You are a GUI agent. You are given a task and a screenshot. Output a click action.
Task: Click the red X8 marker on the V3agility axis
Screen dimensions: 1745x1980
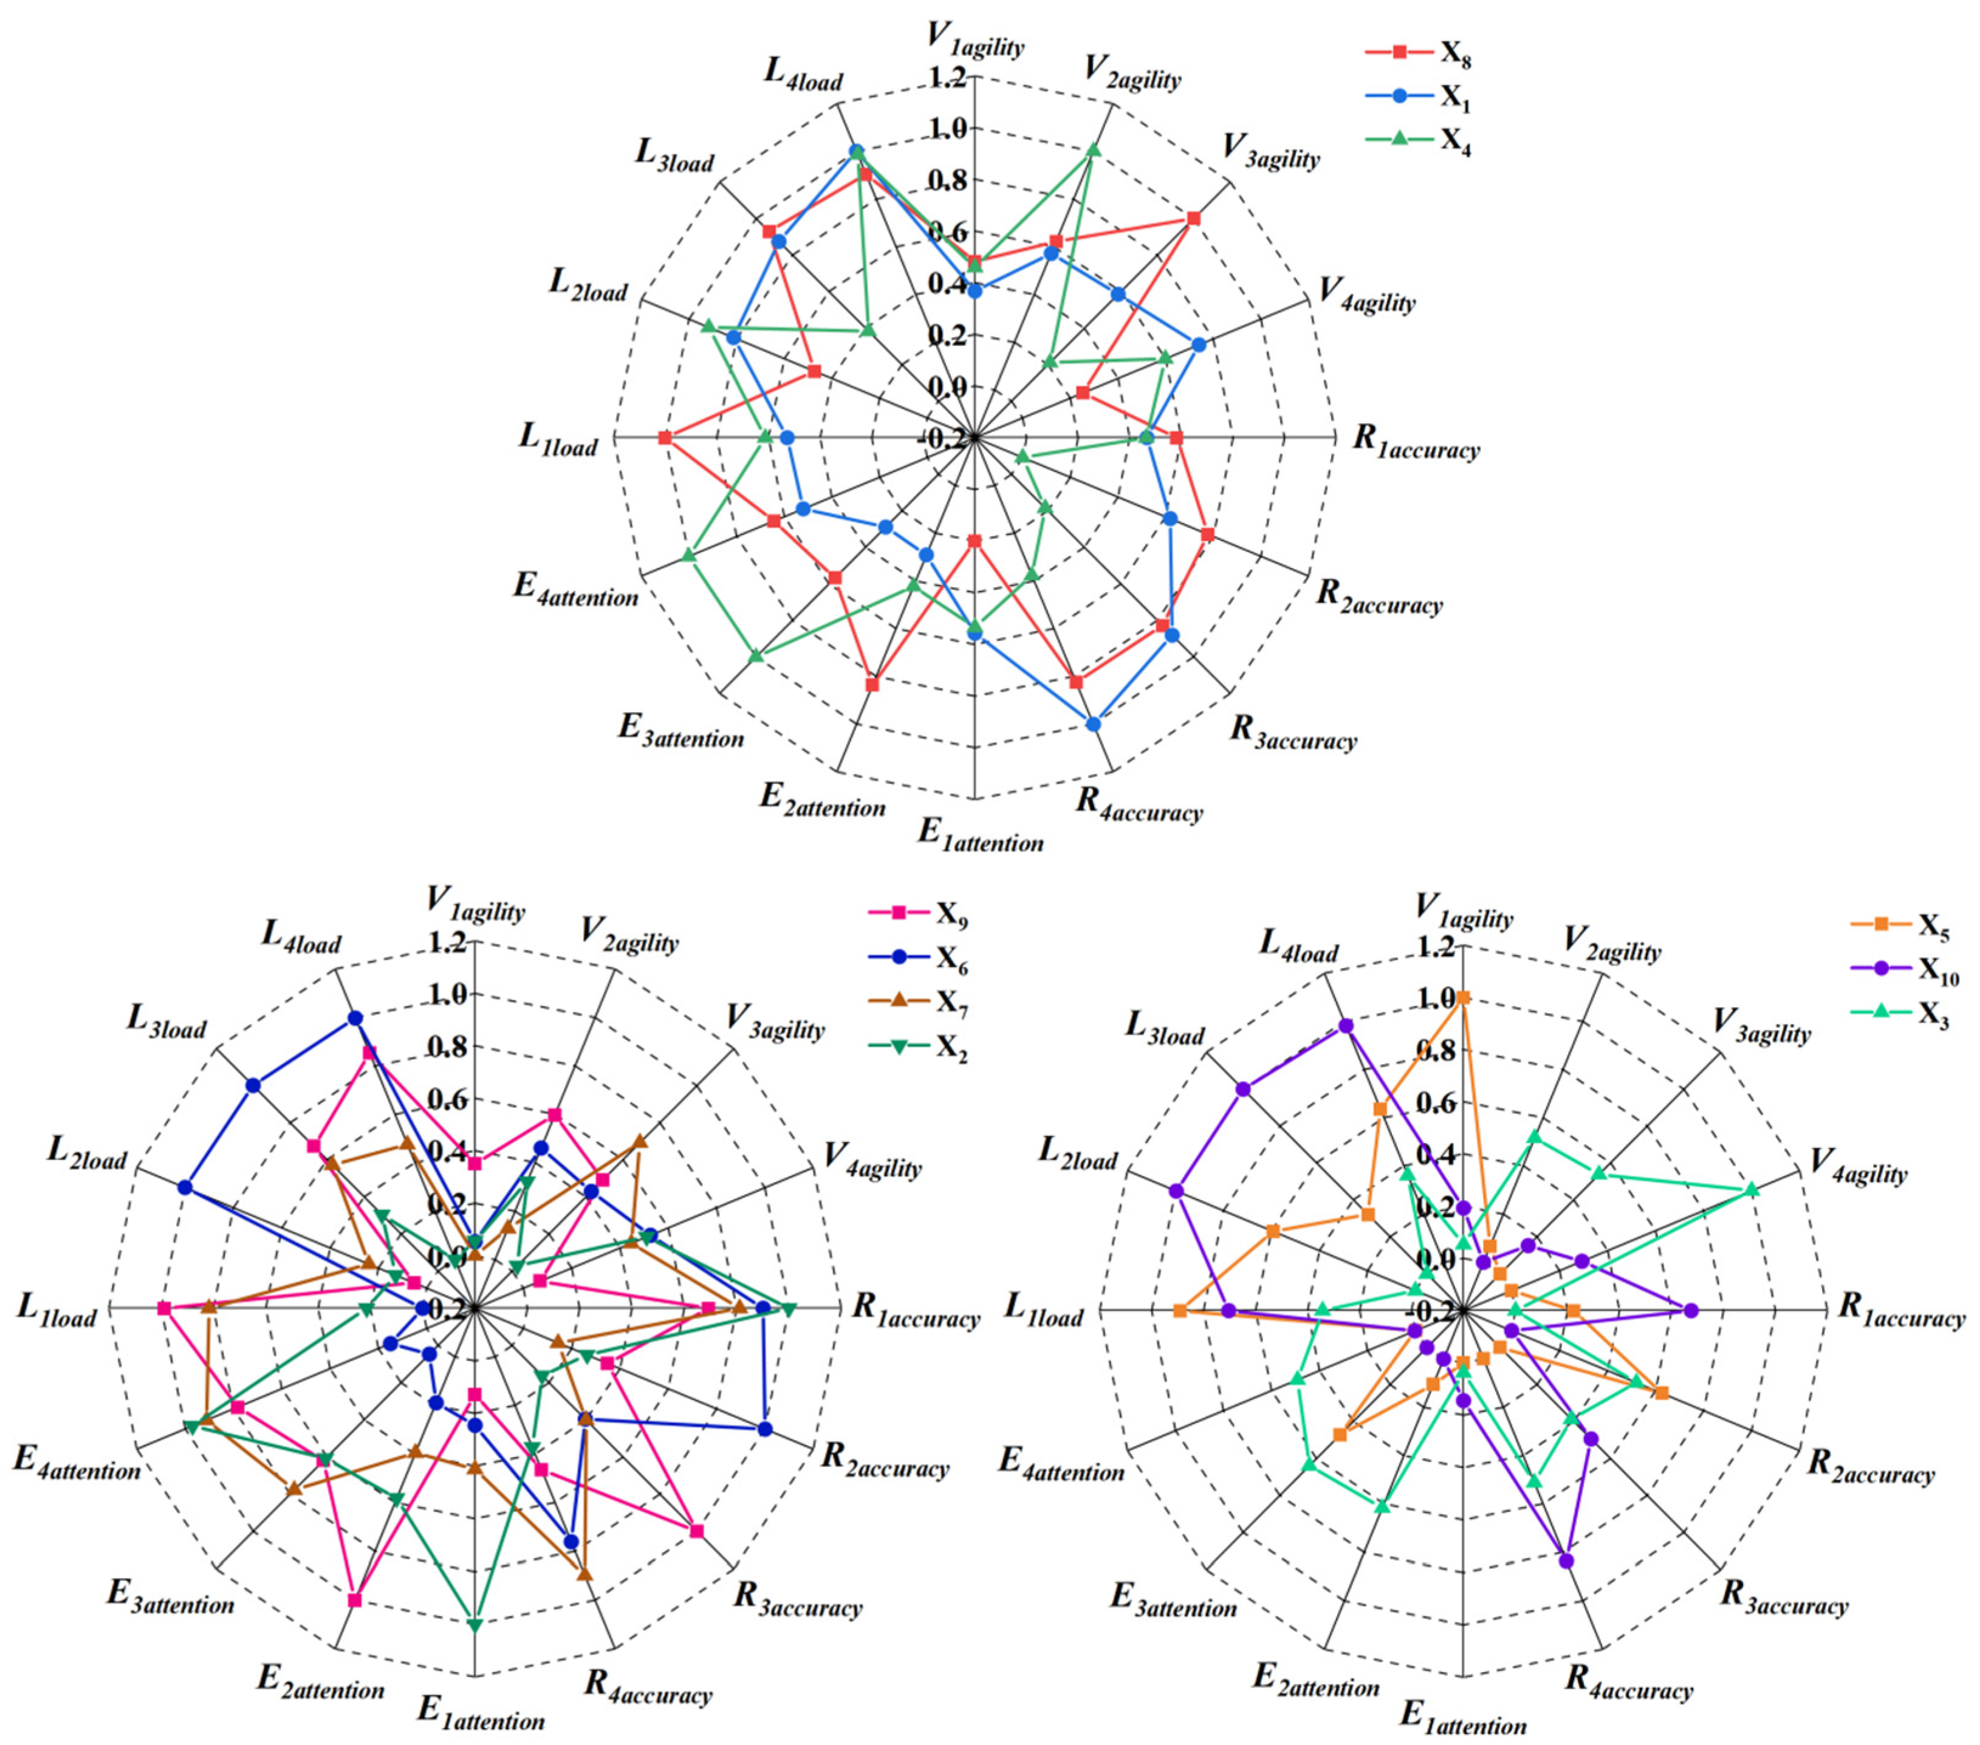coord(1193,219)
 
